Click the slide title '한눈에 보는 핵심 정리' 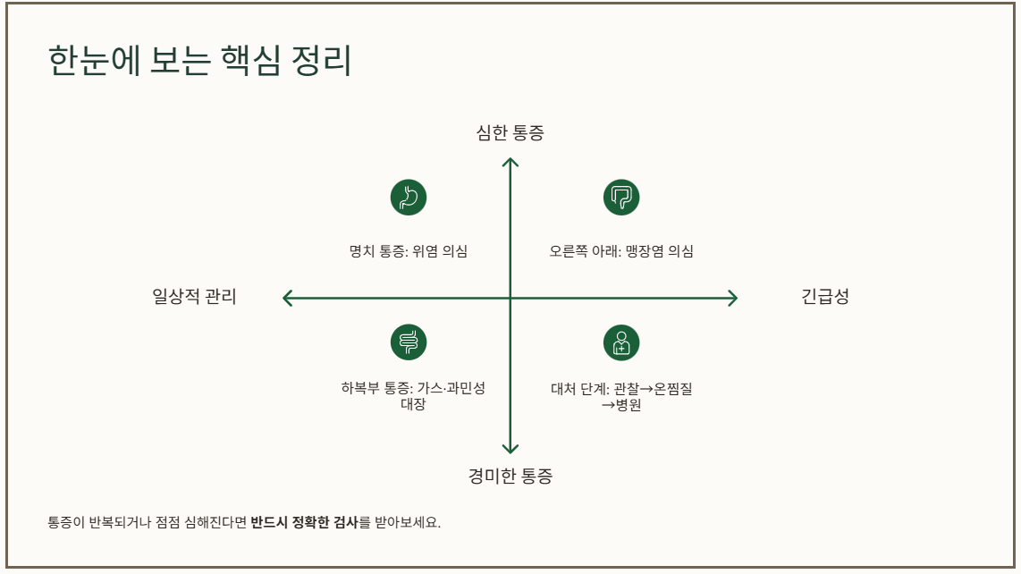199,63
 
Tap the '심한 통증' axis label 510,133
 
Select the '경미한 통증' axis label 510,476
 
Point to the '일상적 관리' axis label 195,297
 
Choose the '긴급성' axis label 824,297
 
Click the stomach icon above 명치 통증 409,197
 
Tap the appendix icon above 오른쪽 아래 621,197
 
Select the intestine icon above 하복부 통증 409,342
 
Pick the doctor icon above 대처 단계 621,342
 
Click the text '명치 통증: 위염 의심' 409,251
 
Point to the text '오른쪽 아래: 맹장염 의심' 621,251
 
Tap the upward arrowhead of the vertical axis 510,161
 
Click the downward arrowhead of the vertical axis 510,449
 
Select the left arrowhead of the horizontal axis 286,298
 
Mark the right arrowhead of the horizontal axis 733,298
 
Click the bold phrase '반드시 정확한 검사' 304,522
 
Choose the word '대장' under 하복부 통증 412,404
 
